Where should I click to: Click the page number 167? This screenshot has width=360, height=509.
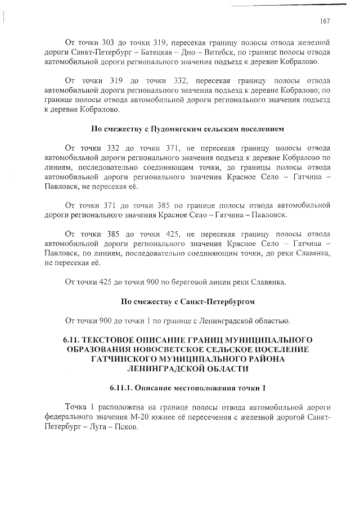[324, 21]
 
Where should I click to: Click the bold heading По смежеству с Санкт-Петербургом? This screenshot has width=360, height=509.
[188, 301]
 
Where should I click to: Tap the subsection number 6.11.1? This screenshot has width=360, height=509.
[123, 389]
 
